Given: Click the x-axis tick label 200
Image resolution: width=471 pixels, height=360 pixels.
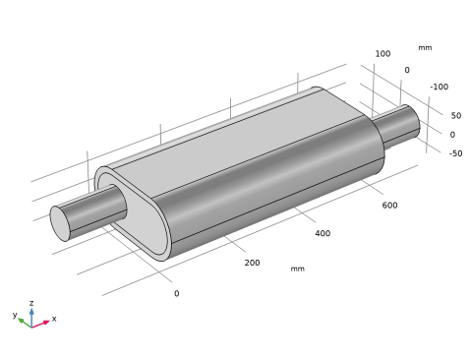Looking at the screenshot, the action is (252, 263).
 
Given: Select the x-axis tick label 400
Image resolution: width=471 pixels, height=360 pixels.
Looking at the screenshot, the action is (323, 233).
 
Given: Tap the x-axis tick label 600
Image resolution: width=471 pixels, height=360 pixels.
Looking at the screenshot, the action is (389, 206).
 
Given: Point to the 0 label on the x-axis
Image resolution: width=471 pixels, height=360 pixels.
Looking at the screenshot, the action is (177, 293).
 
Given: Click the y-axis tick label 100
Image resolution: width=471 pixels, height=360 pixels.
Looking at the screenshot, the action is (383, 54).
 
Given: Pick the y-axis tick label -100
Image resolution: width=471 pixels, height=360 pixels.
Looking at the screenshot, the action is (440, 87).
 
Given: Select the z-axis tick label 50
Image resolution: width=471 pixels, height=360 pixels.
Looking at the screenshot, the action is (456, 116).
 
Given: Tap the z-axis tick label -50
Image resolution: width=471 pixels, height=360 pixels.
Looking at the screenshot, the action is (456, 153).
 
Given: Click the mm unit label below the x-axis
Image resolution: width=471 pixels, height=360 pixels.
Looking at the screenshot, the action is (298, 269).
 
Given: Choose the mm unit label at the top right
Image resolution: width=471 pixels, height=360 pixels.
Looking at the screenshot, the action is (425, 48).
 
